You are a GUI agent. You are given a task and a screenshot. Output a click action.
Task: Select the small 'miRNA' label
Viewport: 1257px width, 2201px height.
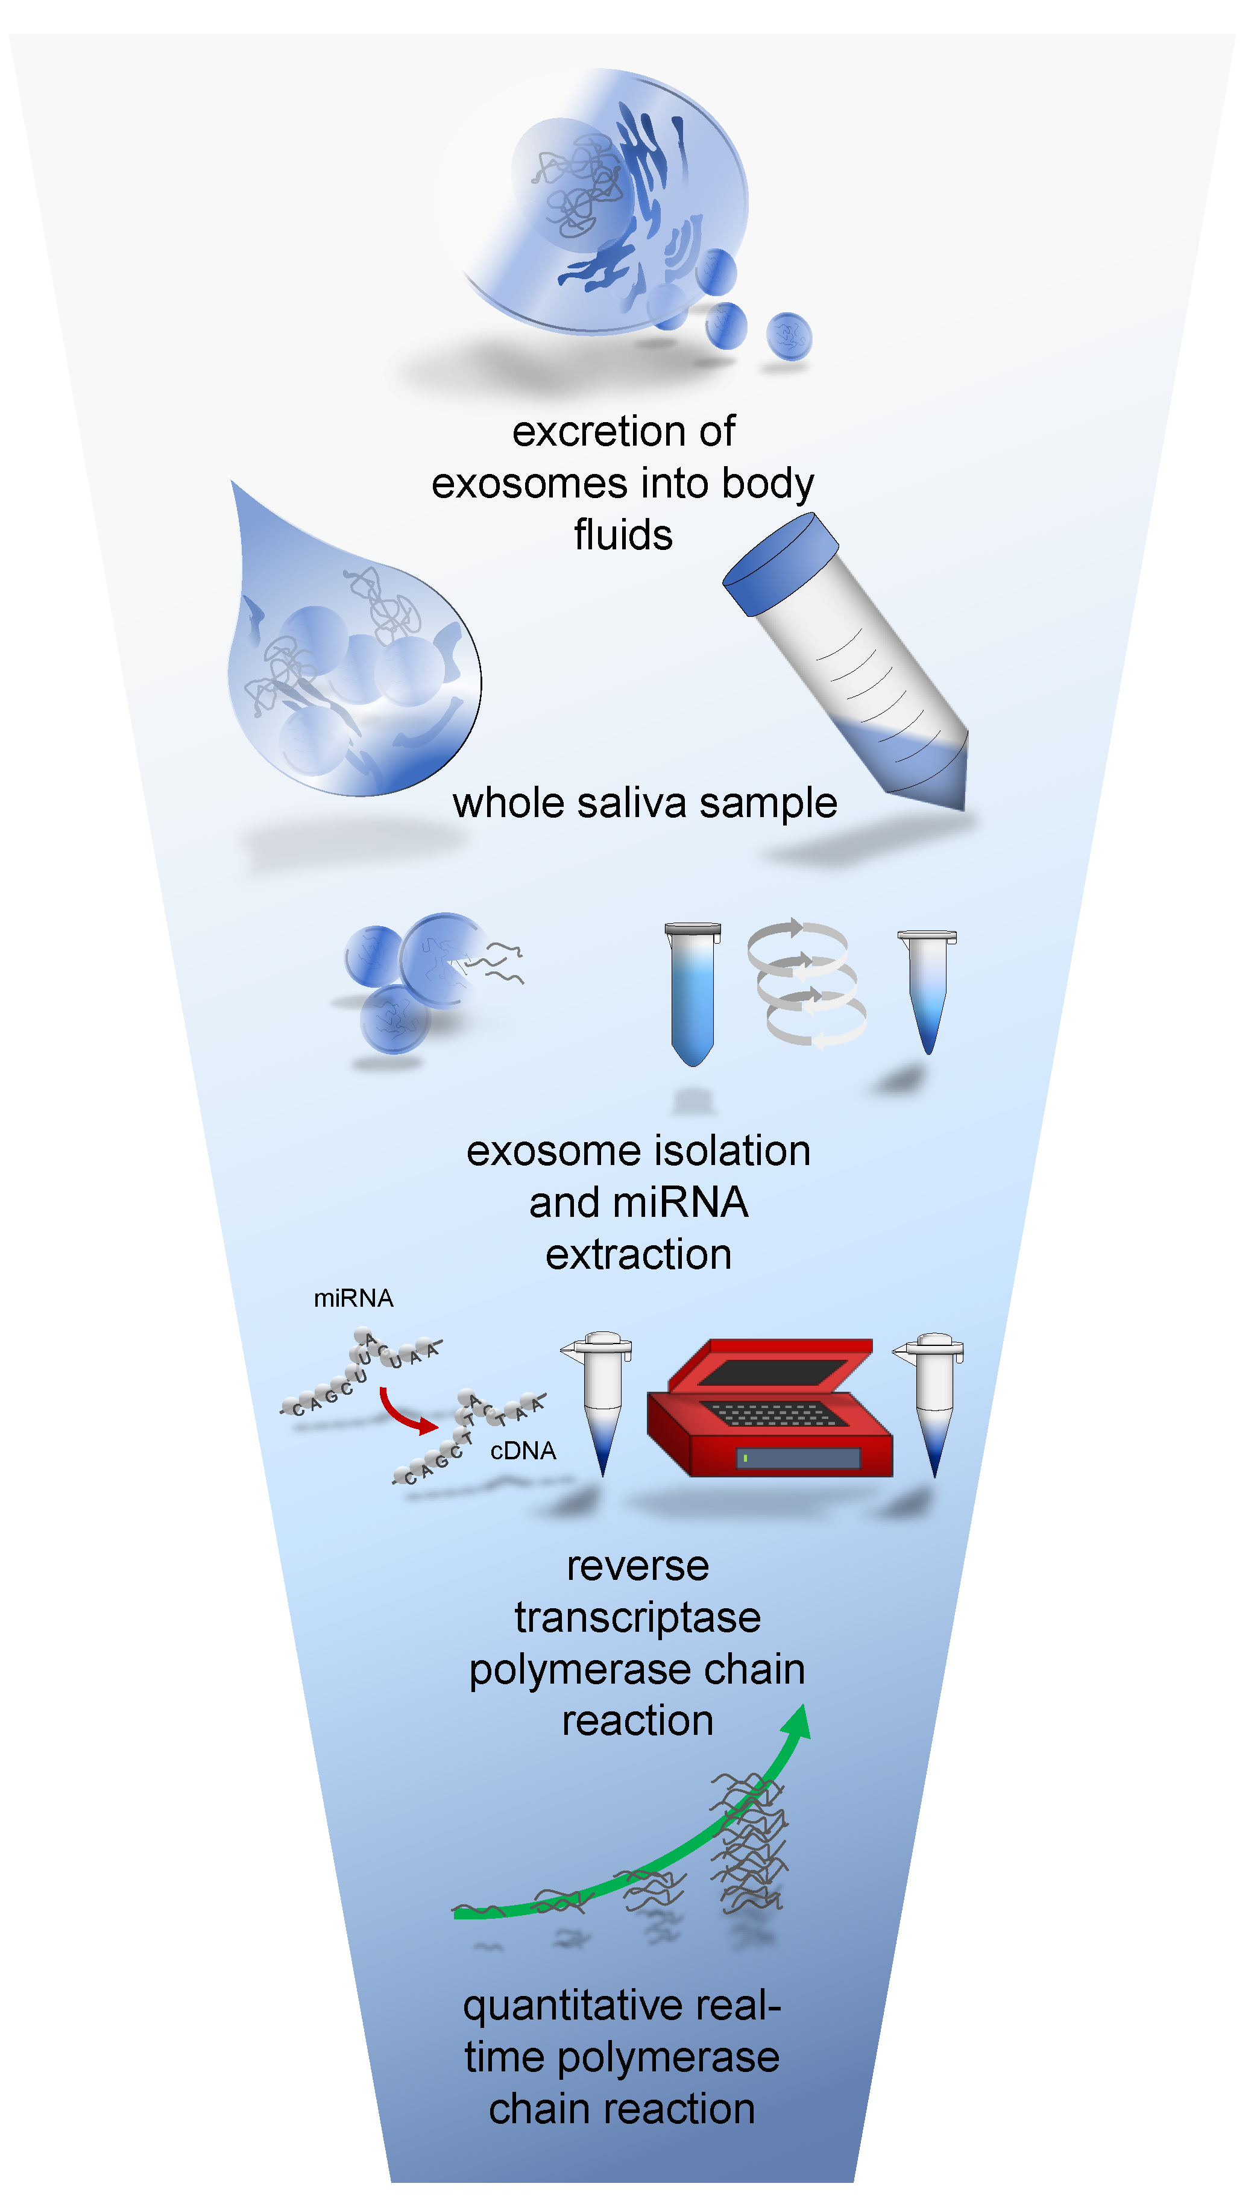click(x=353, y=1298)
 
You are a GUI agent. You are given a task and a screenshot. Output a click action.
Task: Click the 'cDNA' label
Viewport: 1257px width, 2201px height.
click(x=522, y=1451)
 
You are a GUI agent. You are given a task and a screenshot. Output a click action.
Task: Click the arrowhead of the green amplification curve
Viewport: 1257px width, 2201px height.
click(x=797, y=1721)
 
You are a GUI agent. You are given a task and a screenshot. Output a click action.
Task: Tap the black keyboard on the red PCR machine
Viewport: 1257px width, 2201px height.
click(x=771, y=1413)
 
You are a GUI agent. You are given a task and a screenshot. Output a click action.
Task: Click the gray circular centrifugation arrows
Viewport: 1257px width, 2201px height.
click(x=806, y=984)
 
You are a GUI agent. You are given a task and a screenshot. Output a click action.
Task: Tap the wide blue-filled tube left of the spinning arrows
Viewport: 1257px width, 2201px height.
click(x=692, y=993)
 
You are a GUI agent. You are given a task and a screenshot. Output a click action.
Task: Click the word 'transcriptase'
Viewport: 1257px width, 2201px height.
click(x=637, y=1617)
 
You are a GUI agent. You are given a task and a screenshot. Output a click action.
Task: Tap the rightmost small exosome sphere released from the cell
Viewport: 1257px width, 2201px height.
click(x=788, y=336)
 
